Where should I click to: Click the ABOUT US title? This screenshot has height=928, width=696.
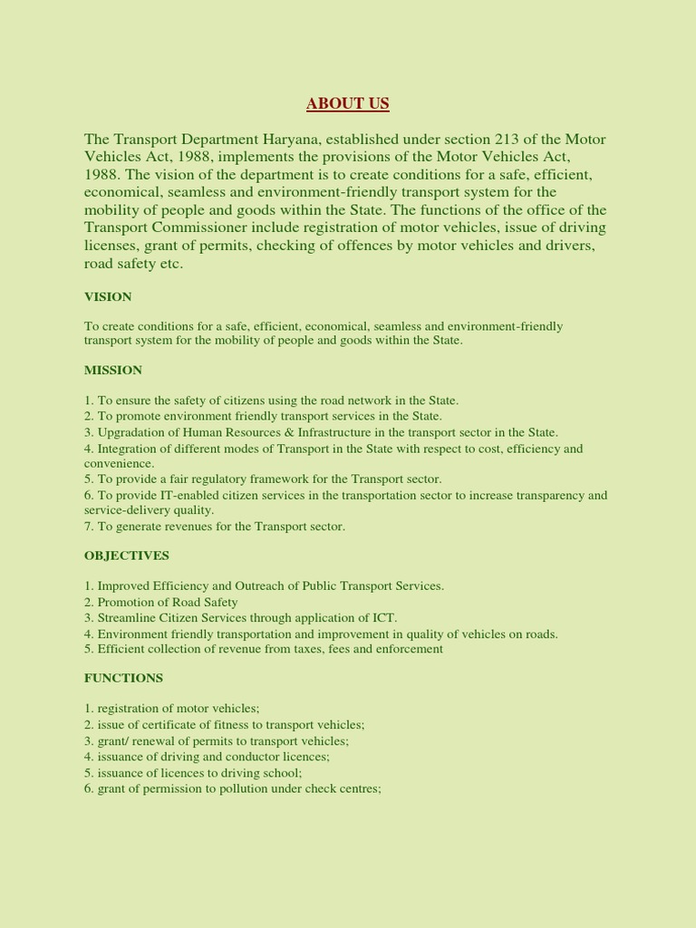[x=347, y=103]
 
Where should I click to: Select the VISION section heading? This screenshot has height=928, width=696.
[x=108, y=296]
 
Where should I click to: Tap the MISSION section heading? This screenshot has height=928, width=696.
[x=113, y=370]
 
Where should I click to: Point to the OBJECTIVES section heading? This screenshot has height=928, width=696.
[x=127, y=555]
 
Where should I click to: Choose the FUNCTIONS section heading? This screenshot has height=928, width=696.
[x=123, y=678]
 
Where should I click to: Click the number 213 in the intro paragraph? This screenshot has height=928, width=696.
[x=507, y=140]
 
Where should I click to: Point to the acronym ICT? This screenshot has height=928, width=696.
[x=385, y=617]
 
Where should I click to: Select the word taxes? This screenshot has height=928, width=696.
[x=301, y=649]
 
